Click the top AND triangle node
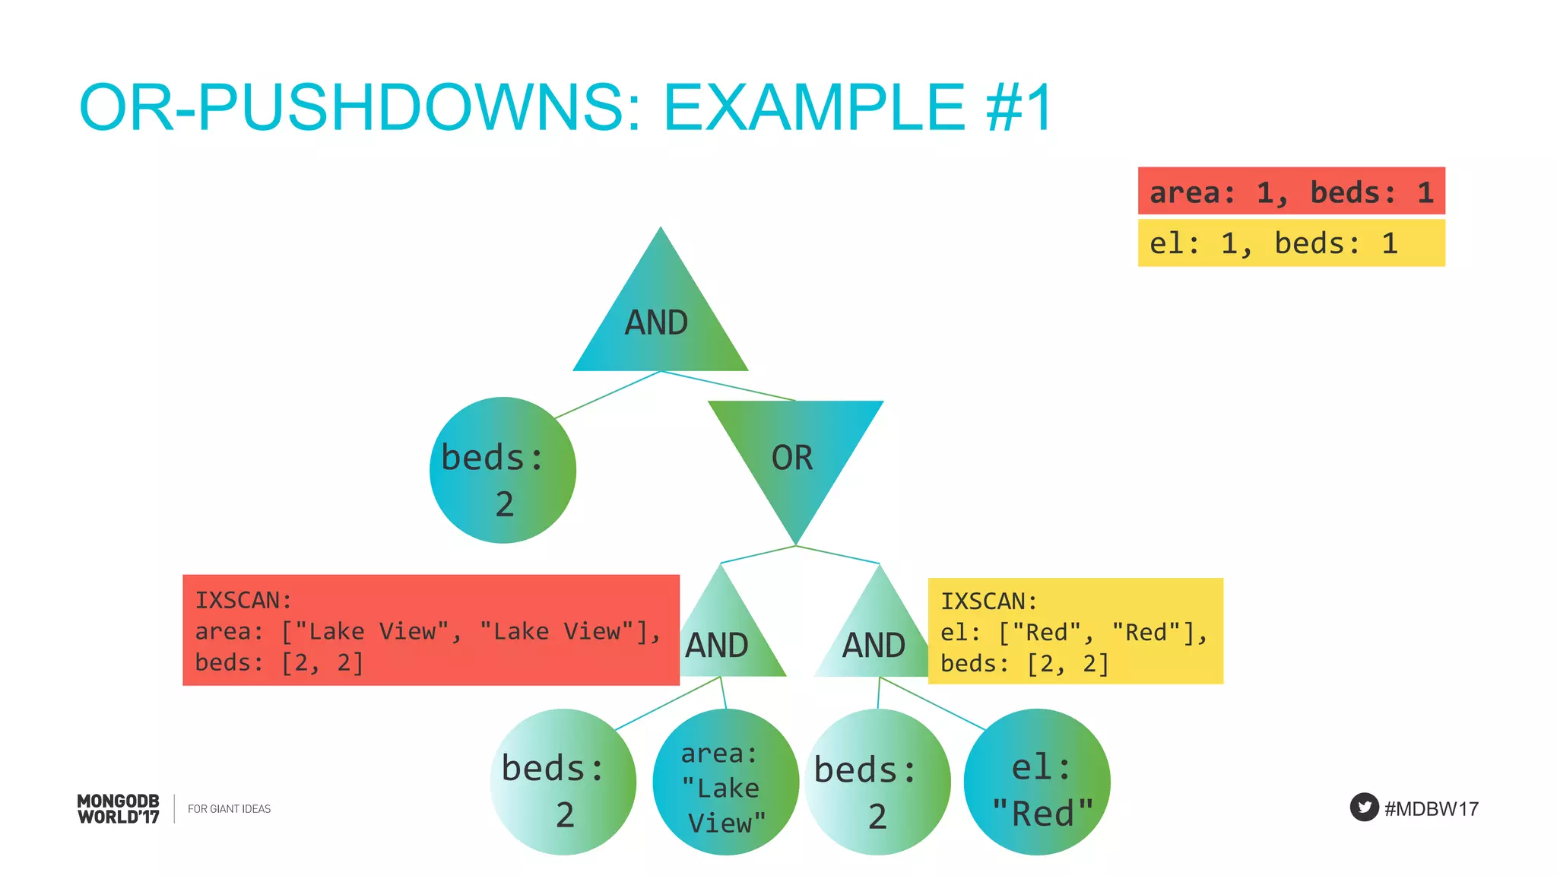point(659,319)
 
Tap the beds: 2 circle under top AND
point(502,470)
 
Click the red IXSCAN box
point(430,630)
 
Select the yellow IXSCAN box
point(1075,631)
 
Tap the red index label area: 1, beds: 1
point(1291,192)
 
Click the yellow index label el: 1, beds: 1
point(1291,243)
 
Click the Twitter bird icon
point(1364,807)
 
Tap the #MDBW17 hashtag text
point(1432,808)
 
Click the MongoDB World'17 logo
point(119,808)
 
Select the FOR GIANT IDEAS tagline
point(229,808)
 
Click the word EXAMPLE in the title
point(813,107)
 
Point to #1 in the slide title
point(1018,107)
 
